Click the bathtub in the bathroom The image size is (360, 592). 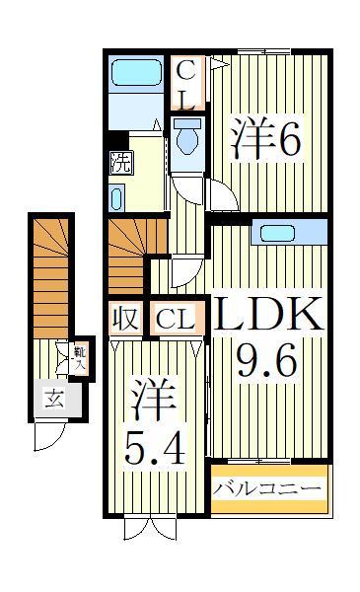pyautogui.click(x=138, y=75)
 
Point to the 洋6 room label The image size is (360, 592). pyautogui.click(x=265, y=141)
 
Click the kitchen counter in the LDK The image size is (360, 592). pyautogui.click(x=285, y=233)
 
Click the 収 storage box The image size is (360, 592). pyautogui.click(x=123, y=319)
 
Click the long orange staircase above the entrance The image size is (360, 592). pyautogui.click(x=50, y=271)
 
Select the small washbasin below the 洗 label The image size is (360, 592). pyautogui.click(x=117, y=198)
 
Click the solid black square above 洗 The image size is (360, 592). pyautogui.click(x=117, y=140)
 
